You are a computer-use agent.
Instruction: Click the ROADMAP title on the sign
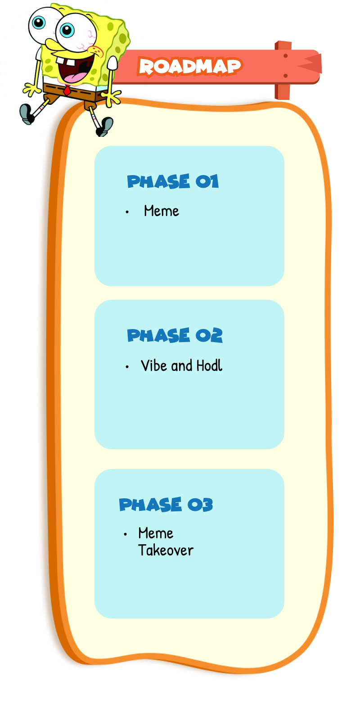point(189,67)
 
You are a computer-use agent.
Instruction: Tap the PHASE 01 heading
point(172,181)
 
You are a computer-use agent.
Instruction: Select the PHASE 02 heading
point(175,335)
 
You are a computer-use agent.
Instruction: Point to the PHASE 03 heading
point(166,505)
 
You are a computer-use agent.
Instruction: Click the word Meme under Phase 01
point(161,211)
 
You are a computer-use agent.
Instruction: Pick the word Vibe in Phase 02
point(154,366)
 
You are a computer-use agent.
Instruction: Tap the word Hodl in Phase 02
point(209,366)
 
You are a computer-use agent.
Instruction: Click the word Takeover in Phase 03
point(166,550)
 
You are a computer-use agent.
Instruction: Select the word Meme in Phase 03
point(156,533)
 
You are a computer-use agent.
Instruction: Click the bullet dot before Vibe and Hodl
point(127,367)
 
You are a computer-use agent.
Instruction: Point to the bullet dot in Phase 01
point(127,212)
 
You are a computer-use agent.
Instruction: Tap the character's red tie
point(67,90)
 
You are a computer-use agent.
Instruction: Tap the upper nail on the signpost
point(285,56)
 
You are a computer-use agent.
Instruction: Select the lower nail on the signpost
point(285,76)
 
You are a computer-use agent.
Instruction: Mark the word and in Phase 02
point(182,366)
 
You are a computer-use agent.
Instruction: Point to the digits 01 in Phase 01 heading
point(207,181)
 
